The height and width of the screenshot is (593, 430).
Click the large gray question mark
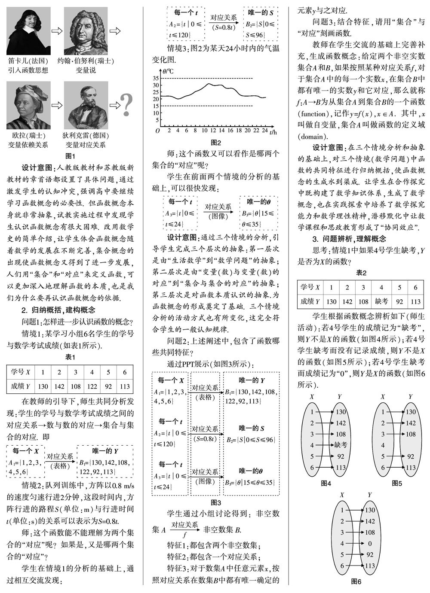click(x=126, y=104)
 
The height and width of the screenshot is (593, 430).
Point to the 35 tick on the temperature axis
click(x=156, y=79)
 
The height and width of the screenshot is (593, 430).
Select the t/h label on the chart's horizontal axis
click(x=274, y=133)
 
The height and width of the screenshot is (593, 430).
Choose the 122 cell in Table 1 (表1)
click(x=92, y=386)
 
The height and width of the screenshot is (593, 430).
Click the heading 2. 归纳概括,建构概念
click(x=58, y=309)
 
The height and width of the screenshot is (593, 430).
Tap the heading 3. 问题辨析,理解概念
click(x=349, y=239)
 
